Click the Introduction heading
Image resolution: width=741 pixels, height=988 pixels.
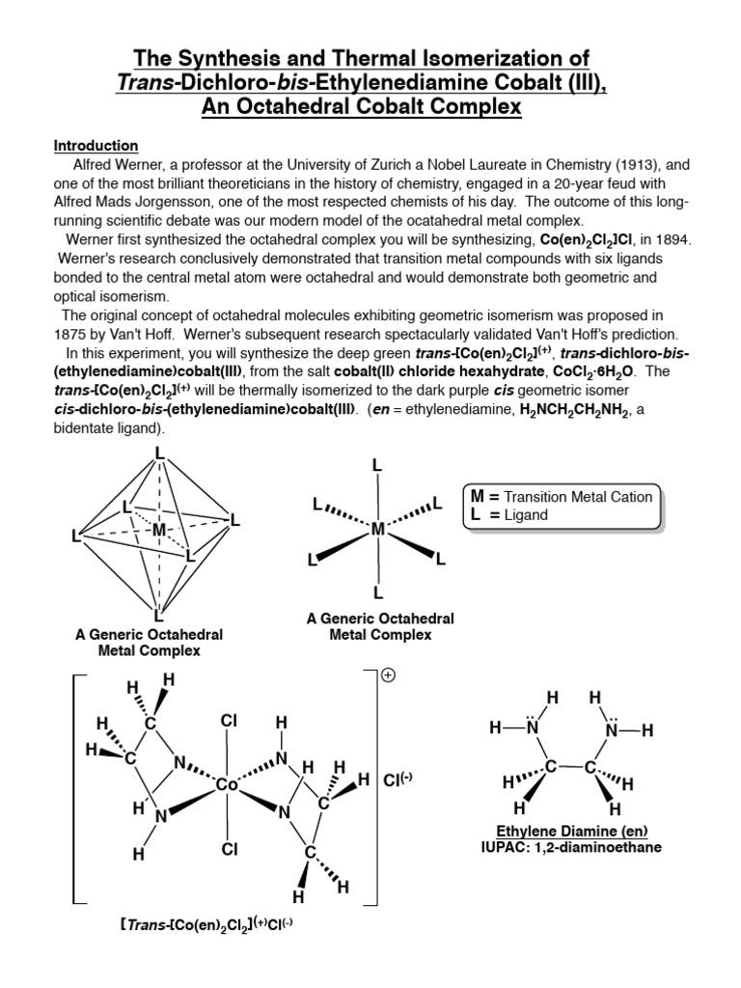pyautogui.click(x=96, y=146)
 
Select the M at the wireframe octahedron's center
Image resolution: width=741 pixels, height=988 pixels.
pyautogui.click(x=158, y=530)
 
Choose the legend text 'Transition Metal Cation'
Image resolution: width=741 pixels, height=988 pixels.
pyautogui.click(x=572, y=497)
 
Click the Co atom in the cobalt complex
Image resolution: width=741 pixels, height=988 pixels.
pyautogui.click(x=228, y=785)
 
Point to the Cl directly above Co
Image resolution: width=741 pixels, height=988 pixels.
pyautogui.click(x=229, y=721)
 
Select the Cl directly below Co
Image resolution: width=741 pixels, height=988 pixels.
pyautogui.click(x=229, y=849)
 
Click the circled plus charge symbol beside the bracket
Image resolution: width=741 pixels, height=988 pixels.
pyautogui.click(x=389, y=676)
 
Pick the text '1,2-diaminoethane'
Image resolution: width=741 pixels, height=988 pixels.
pyautogui.click(x=601, y=848)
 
